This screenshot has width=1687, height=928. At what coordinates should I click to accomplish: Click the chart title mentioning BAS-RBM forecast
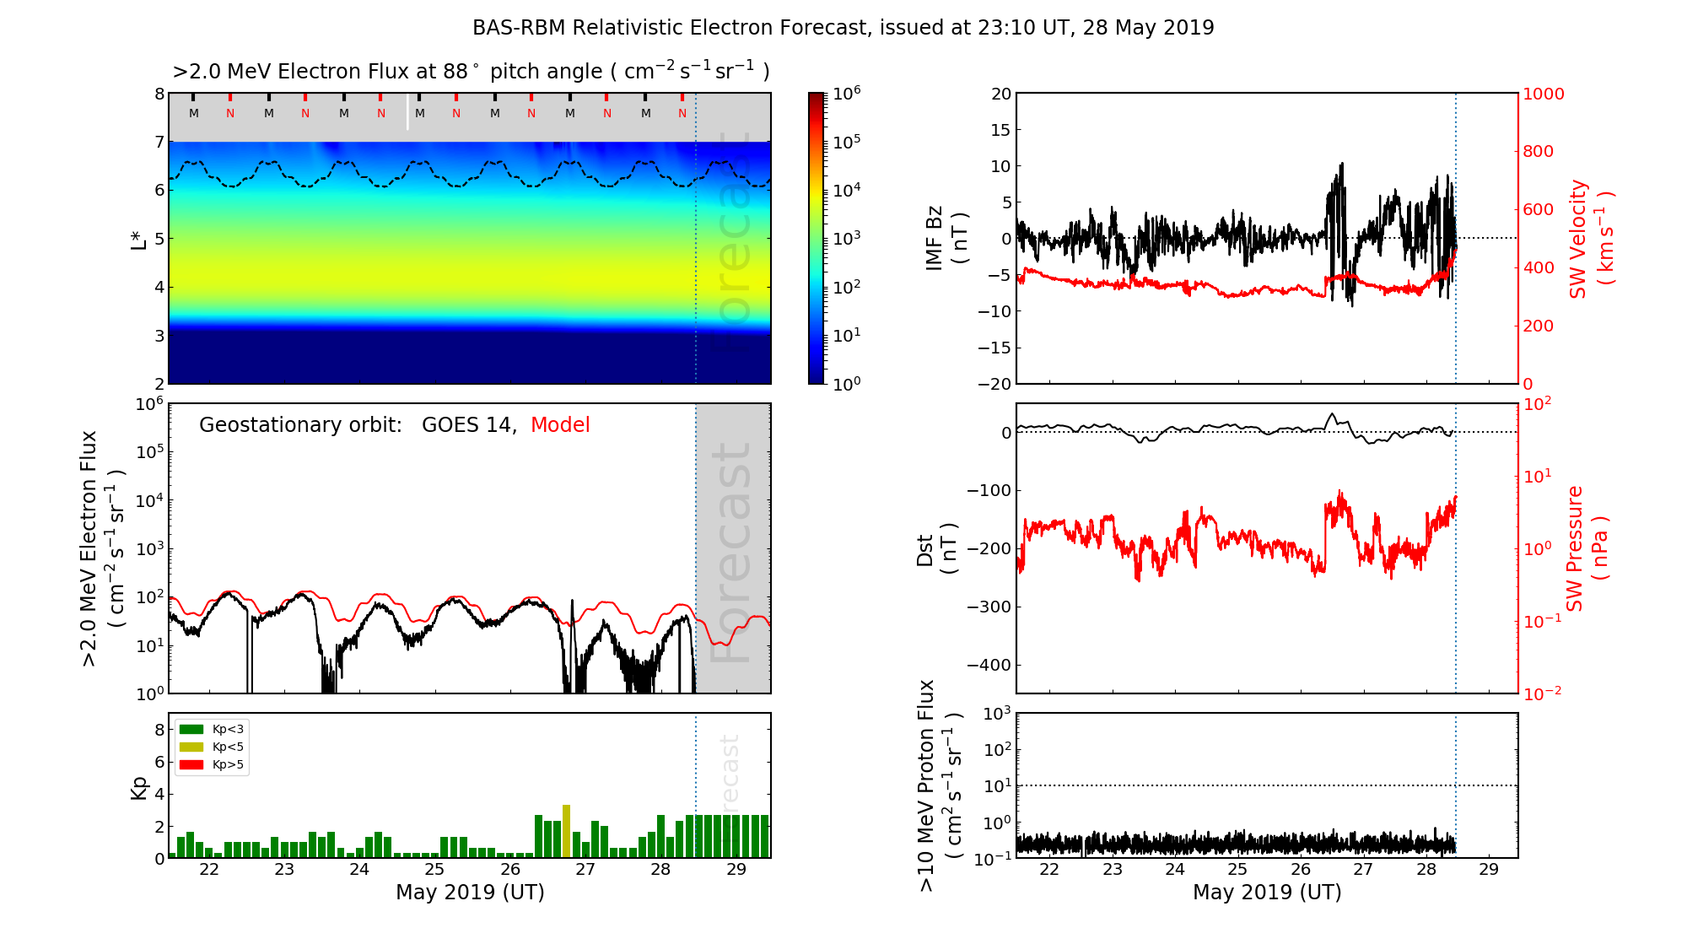pyautogui.click(x=843, y=28)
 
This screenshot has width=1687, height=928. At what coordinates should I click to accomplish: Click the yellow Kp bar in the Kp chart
pyautogui.click(x=566, y=831)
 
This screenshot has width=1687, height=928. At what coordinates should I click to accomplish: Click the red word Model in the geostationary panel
pyautogui.click(x=560, y=425)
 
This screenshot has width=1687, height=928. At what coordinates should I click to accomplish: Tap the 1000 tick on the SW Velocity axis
pyautogui.click(x=1543, y=94)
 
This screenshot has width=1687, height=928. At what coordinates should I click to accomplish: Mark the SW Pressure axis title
pyautogui.click(x=1587, y=548)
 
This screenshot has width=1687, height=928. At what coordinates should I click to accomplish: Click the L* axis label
pyautogui.click(x=139, y=239)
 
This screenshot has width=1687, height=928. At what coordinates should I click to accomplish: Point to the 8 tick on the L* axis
pyautogui.click(x=159, y=94)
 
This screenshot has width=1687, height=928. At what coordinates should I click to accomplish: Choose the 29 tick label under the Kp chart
pyautogui.click(x=736, y=870)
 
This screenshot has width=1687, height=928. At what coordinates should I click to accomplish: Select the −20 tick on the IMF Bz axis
pyautogui.click(x=994, y=384)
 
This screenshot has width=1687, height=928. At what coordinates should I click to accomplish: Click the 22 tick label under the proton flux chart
pyautogui.click(x=1049, y=870)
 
